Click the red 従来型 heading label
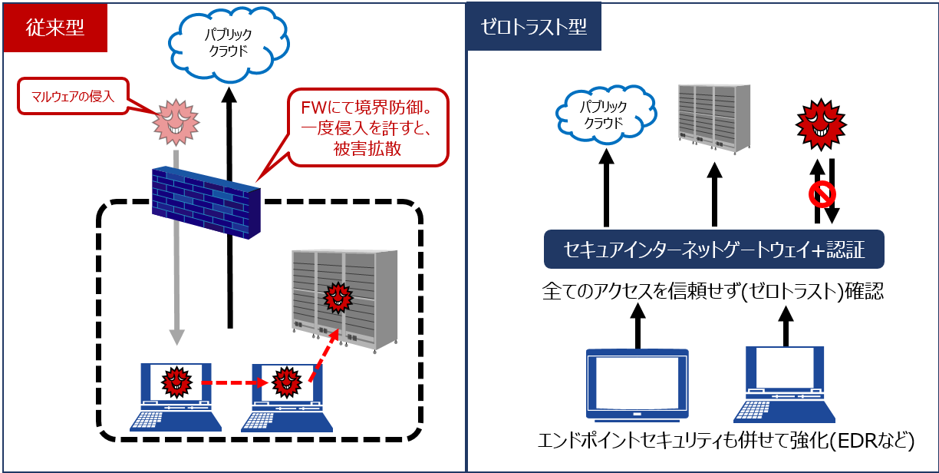point(55,28)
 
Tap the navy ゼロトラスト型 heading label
point(534,27)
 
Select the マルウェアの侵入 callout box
point(73,96)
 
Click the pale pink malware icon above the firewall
point(176,122)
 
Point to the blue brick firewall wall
point(206,202)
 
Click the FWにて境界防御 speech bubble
point(368,127)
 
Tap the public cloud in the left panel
point(229,43)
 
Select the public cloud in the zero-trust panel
point(605,114)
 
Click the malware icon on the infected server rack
point(338,298)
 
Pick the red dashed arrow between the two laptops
point(235,382)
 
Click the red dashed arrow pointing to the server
point(324,355)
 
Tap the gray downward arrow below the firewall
point(176,247)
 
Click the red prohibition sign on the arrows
point(822,194)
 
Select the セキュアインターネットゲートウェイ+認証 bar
point(714,249)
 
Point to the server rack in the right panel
point(714,119)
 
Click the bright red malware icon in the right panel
point(821,124)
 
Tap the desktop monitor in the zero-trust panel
point(638,385)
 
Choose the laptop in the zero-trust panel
point(784,385)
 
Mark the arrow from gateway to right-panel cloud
point(606,187)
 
